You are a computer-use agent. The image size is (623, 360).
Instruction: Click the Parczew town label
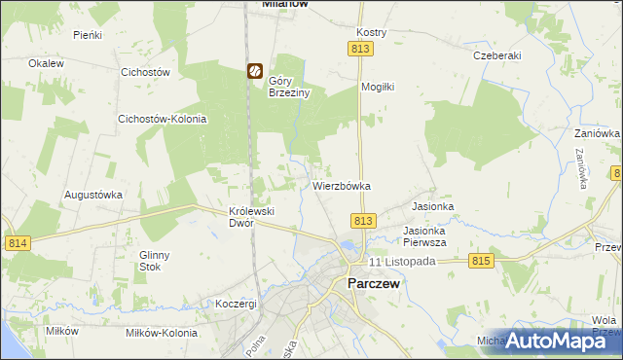pyautogui.click(x=374, y=284)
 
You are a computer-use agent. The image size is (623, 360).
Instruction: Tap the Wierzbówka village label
pyautogui.click(x=342, y=185)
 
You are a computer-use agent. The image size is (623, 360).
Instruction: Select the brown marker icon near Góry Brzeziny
pyautogui.click(x=253, y=71)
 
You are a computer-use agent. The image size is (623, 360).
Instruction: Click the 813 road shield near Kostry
pyautogui.click(x=359, y=48)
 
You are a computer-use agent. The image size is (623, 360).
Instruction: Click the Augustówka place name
pyautogui.click(x=93, y=195)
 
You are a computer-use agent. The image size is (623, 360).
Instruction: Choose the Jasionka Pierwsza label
pyautogui.click(x=424, y=236)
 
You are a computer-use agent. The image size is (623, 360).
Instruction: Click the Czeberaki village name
pyautogui.click(x=496, y=55)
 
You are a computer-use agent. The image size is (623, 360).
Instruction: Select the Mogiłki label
pyautogui.click(x=378, y=87)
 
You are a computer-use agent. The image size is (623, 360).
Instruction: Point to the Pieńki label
pyautogui.click(x=88, y=34)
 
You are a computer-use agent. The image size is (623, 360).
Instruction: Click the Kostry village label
pyautogui.click(x=372, y=32)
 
